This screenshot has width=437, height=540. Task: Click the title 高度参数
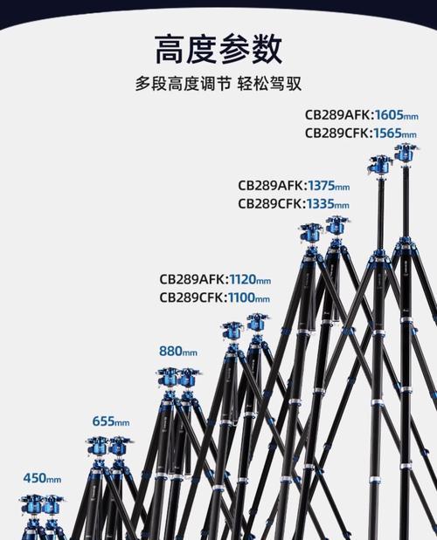click(218, 49)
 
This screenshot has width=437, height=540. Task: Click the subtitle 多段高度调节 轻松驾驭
click(218, 84)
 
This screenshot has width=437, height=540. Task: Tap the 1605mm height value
click(396, 114)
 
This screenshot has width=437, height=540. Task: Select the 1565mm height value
click(395, 133)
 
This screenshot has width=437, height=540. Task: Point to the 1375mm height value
click(329, 186)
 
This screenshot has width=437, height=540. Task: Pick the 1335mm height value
click(328, 204)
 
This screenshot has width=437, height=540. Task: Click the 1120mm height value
click(250, 279)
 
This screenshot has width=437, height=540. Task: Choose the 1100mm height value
click(249, 297)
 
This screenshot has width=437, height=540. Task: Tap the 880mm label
click(178, 352)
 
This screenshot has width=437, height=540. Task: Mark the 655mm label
click(111, 420)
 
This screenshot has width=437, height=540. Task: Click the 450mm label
click(42, 478)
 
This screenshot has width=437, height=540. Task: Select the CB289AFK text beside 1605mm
click(337, 114)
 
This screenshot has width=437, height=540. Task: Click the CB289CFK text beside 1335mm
click(270, 204)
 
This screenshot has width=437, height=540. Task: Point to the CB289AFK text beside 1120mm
click(192, 279)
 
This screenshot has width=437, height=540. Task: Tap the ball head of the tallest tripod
click(406, 154)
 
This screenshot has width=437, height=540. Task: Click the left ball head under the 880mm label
click(168, 378)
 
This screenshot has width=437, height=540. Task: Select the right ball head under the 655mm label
click(120, 447)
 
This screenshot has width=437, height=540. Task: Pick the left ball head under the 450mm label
click(31, 504)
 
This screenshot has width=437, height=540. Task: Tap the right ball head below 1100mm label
click(256, 323)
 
